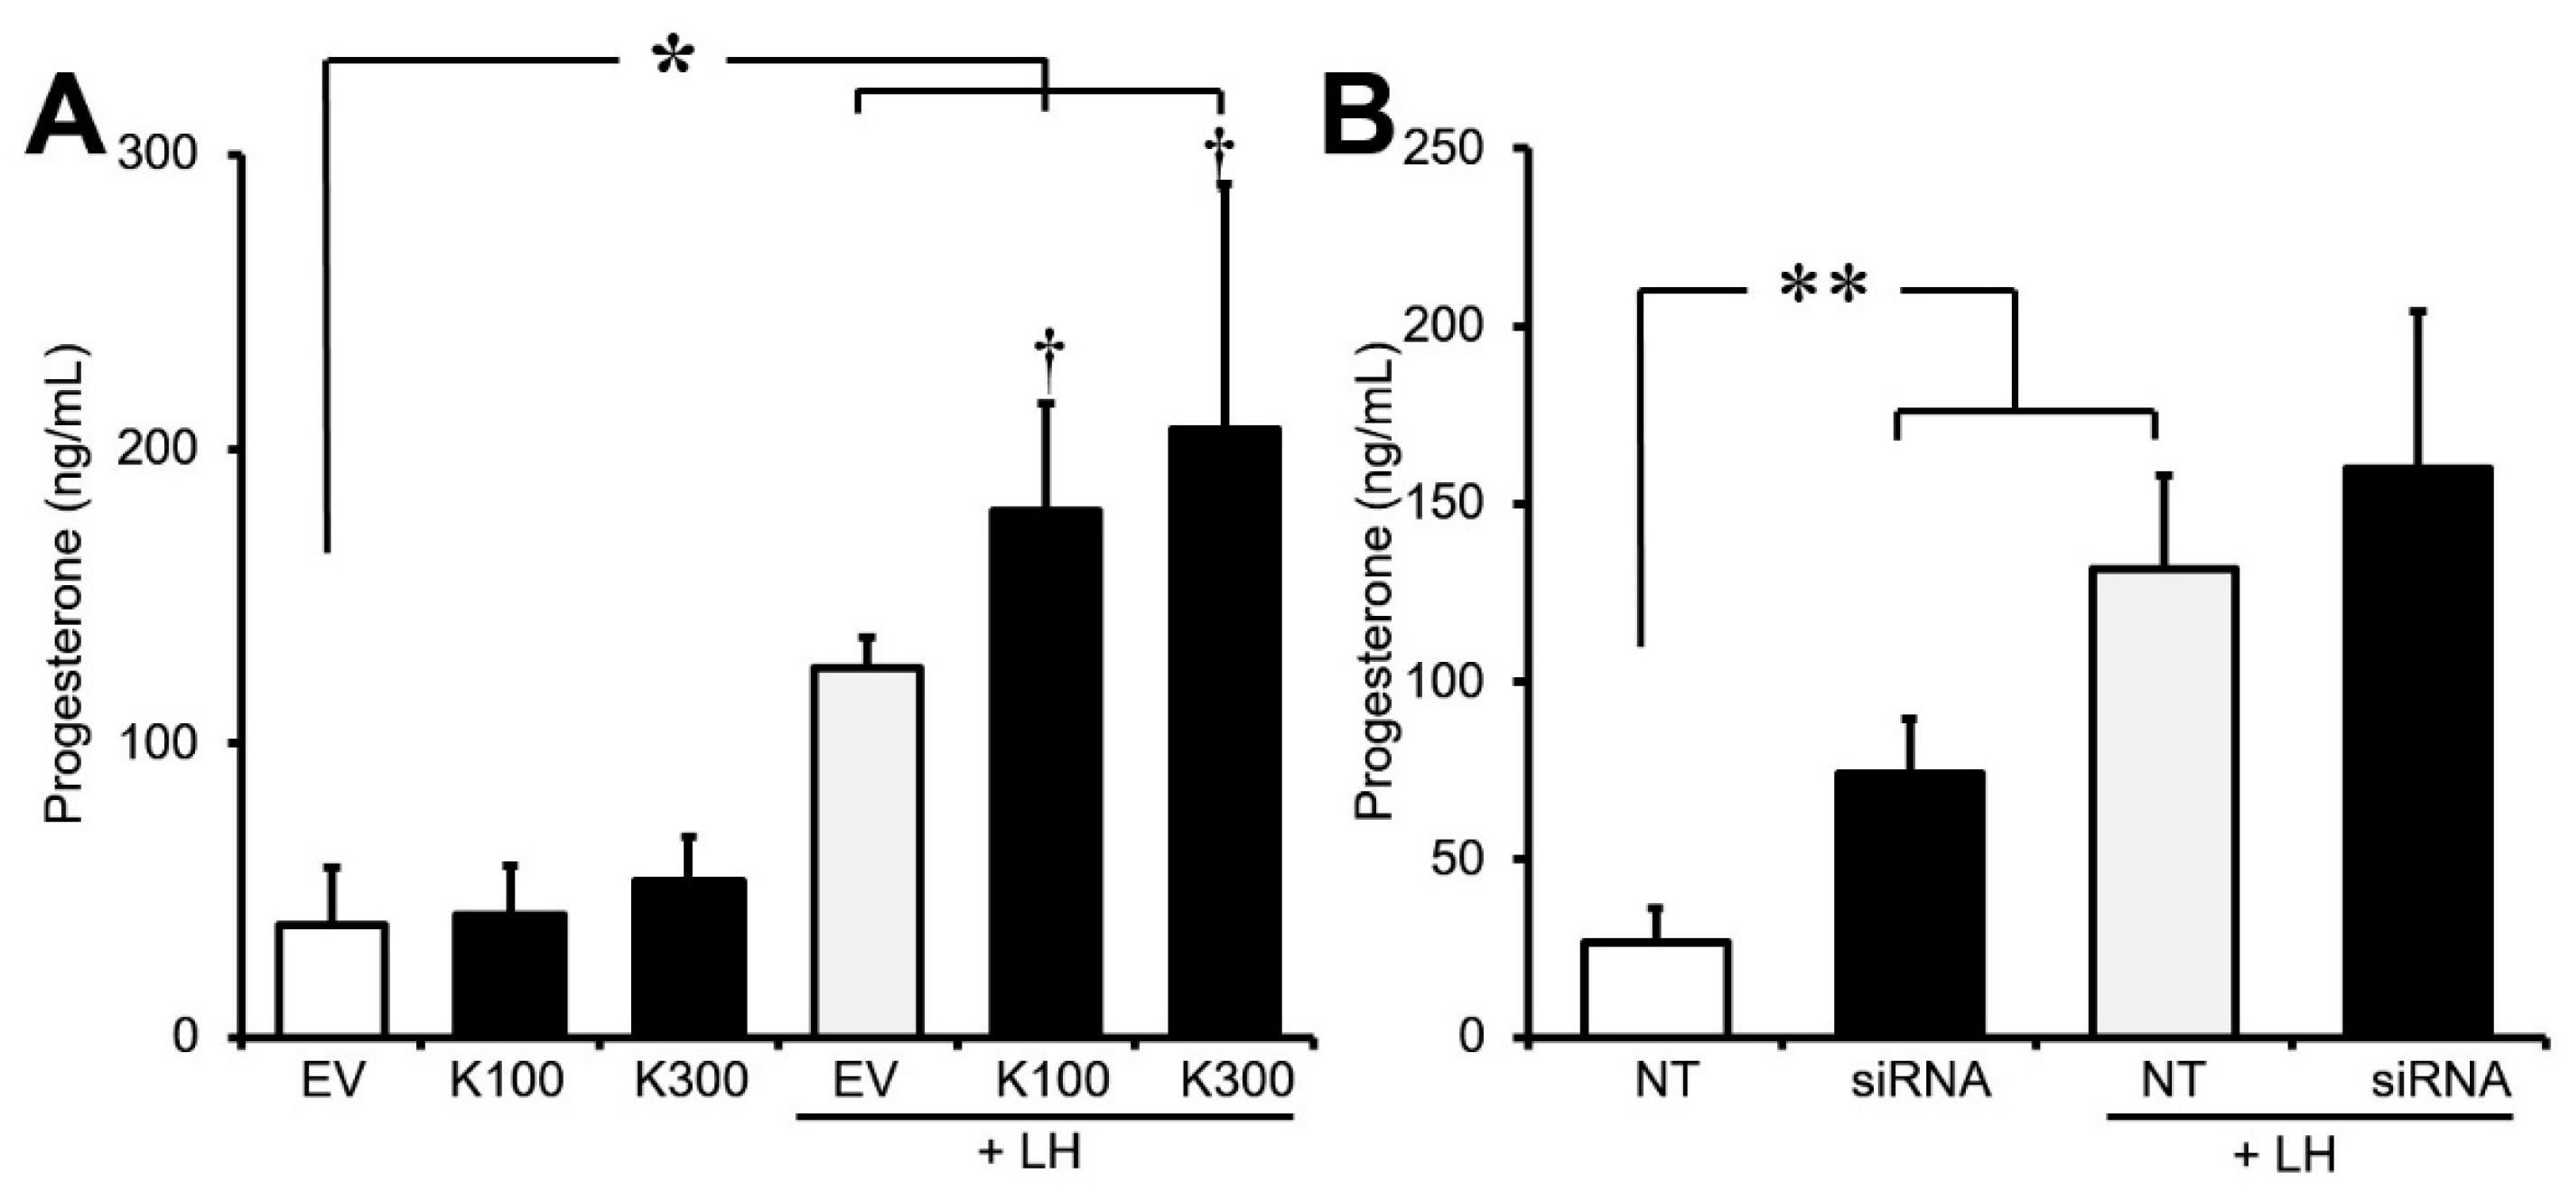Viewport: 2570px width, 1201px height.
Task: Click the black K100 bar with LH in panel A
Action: (x=1046, y=773)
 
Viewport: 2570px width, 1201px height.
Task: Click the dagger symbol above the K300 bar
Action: (x=1219, y=152)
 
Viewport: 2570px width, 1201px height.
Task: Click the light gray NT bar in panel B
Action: (x=2164, y=802)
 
